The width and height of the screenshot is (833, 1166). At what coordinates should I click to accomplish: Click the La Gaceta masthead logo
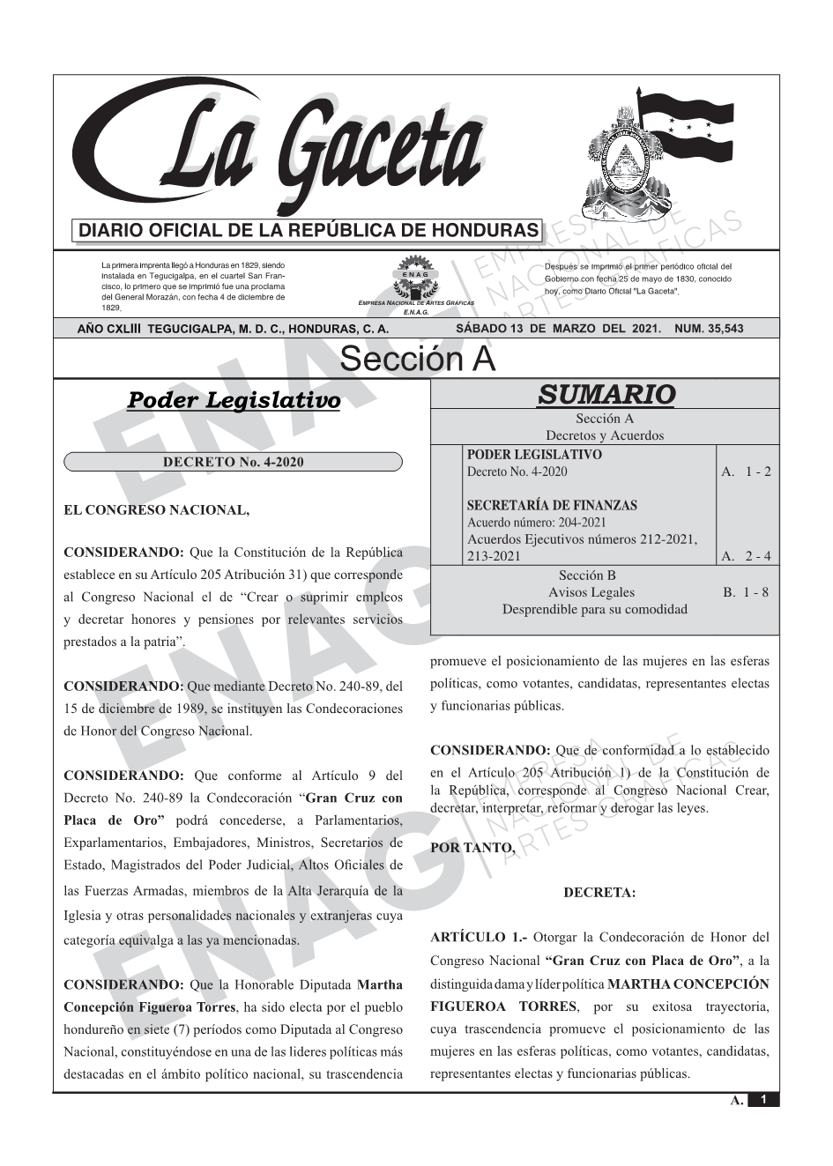point(282,150)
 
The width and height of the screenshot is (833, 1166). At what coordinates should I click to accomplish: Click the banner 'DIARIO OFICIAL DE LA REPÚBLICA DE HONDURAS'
point(309,231)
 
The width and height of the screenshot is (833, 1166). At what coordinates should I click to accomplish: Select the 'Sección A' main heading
point(417,360)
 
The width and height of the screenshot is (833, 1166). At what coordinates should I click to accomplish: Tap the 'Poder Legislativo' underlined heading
point(234,400)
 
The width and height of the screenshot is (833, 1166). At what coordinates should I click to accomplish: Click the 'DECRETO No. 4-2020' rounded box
point(234,462)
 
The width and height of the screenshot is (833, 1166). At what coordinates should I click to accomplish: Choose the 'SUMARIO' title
point(606,394)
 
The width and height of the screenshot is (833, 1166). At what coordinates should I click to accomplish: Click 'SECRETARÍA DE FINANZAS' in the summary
point(552,505)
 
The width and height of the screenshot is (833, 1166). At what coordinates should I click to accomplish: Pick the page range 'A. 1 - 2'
point(745,472)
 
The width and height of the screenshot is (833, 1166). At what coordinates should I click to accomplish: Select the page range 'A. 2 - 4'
point(745,556)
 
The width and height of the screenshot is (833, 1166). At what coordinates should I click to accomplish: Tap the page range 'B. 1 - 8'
point(745,592)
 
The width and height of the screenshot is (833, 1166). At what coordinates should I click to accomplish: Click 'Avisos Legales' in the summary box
point(591,592)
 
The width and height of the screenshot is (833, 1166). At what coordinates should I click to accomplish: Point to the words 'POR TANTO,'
point(472,848)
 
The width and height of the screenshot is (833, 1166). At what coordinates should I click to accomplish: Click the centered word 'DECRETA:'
point(599,893)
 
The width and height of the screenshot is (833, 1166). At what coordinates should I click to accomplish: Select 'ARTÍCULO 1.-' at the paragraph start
point(479,937)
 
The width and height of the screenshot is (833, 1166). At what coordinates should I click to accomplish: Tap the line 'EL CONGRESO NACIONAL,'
point(157,510)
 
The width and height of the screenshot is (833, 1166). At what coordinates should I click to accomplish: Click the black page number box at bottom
point(762,1100)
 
